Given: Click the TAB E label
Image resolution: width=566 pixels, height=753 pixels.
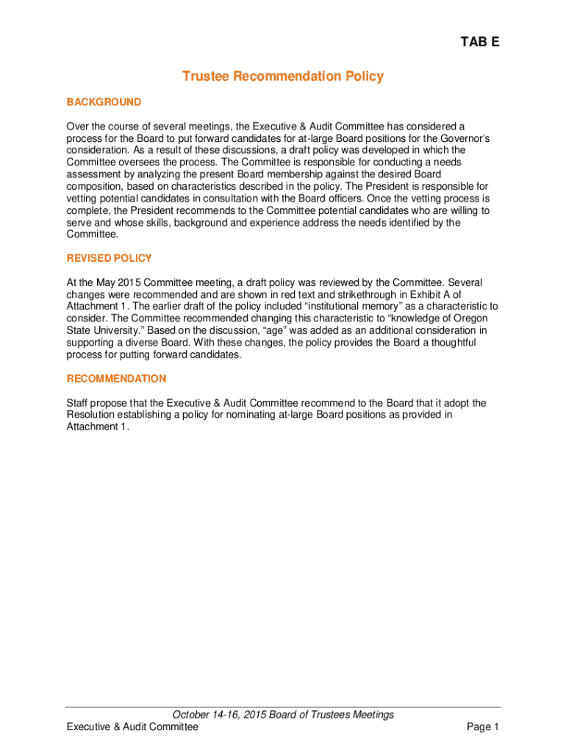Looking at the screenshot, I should (x=480, y=43).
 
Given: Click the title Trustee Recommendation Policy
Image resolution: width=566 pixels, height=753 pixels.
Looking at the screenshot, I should (x=283, y=76).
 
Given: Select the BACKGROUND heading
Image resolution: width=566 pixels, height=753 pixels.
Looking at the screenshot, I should (x=104, y=101).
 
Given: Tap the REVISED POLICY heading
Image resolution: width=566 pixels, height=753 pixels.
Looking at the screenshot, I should (x=109, y=258).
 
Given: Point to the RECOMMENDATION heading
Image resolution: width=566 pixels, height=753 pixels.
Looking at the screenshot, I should (x=116, y=379).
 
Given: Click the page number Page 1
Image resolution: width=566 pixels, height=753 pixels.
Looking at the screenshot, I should (x=483, y=727).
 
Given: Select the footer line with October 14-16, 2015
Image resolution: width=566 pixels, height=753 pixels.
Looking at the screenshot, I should (x=283, y=715).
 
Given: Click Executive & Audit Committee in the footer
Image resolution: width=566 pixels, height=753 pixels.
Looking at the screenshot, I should (x=132, y=727).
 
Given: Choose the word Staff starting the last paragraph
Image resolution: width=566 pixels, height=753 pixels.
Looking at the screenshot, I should (x=79, y=403).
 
